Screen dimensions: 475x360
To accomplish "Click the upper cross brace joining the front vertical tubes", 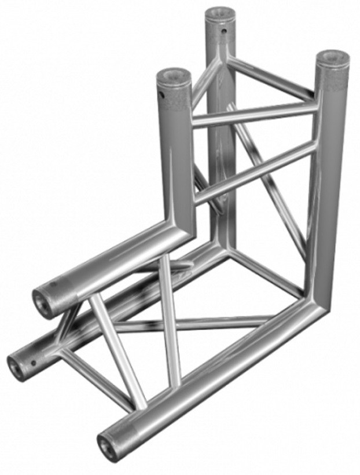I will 255,115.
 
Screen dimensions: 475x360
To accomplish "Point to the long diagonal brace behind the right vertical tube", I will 272,185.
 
